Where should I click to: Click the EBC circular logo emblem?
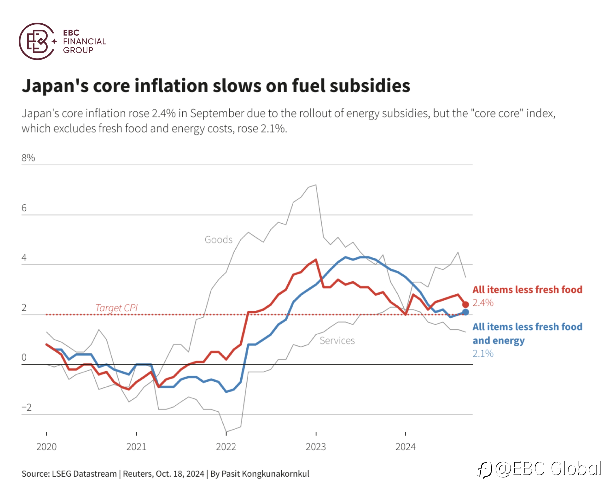(x=37, y=41)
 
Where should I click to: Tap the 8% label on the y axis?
(x=28, y=158)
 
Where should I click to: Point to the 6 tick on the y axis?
(x=24, y=208)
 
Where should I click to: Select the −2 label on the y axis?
(x=27, y=407)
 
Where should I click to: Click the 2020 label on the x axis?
(x=46, y=447)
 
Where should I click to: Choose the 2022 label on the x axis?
(x=226, y=447)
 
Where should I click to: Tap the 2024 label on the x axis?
(x=405, y=447)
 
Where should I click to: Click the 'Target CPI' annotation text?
(x=117, y=308)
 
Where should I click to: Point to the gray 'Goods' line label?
(x=218, y=240)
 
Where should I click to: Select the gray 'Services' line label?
(x=337, y=340)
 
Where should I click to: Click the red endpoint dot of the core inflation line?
(x=465, y=304)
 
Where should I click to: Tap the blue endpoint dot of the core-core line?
(x=465, y=312)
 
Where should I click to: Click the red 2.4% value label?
(x=483, y=303)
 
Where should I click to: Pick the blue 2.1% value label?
(x=483, y=353)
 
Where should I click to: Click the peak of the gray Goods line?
(x=316, y=185)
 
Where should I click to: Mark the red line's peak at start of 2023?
(x=316, y=260)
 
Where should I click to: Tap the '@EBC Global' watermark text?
(x=548, y=468)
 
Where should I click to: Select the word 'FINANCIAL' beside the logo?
(x=85, y=41)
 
